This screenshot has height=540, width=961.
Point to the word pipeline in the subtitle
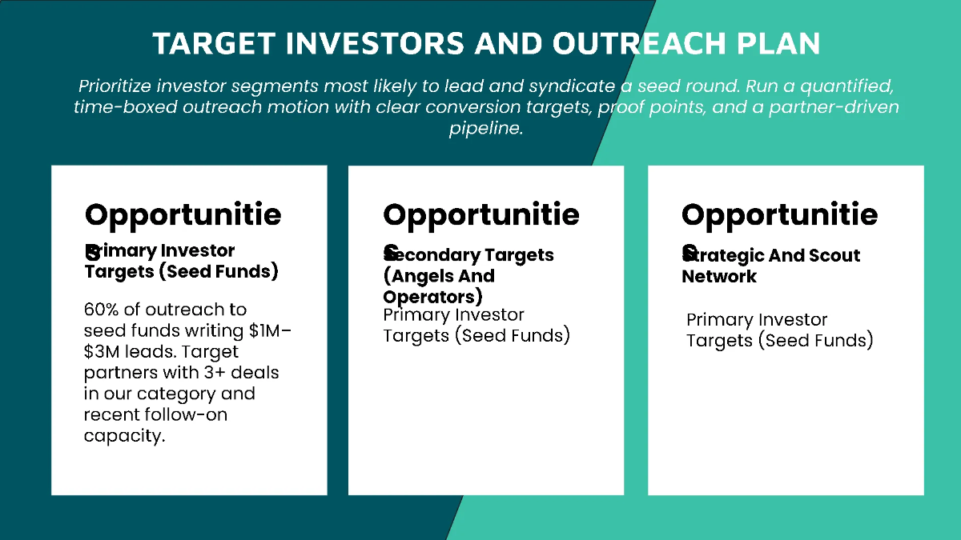pyautogui.click(x=485, y=129)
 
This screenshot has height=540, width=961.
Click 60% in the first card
pyautogui.click(x=103, y=310)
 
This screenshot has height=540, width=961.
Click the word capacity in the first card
pyautogui.click(x=123, y=436)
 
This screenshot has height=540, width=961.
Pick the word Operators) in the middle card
pyautogui.click(x=432, y=297)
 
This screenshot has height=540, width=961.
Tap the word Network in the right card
pyautogui.click(x=718, y=276)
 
